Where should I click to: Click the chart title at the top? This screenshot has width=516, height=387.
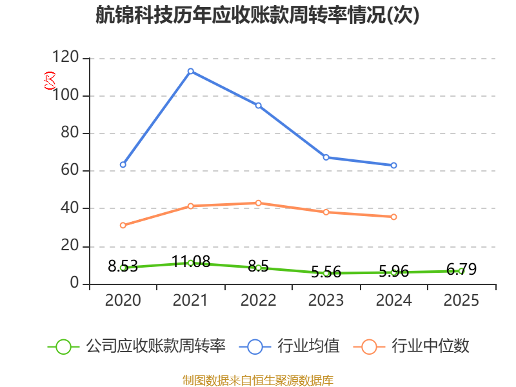(x=257, y=15)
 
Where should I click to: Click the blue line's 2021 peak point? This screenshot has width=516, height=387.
(x=190, y=71)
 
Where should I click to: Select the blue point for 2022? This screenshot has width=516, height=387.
(x=259, y=105)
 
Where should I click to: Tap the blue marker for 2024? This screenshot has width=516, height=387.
(x=393, y=165)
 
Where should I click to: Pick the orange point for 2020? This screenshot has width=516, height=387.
(x=123, y=225)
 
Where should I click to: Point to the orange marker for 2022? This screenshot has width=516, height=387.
(x=259, y=203)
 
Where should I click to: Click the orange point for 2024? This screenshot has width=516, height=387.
(x=393, y=217)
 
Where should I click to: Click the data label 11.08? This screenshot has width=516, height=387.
(x=191, y=261)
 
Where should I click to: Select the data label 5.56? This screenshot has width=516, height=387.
(x=326, y=272)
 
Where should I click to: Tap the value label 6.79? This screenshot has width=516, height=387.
(x=461, y=269)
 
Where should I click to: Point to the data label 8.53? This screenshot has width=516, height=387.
(x=123, y=266)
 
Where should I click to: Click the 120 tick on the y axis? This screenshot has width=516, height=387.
(x=66, y=57)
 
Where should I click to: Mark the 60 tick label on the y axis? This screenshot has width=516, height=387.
(x=70, y=170)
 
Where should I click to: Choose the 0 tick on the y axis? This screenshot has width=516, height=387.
(x=74, y=283)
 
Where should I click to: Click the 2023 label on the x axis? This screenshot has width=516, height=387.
(x=326, y=300)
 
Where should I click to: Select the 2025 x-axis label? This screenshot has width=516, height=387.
(x=461, y=300)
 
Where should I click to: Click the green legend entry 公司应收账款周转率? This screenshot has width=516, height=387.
(x=137, y=346)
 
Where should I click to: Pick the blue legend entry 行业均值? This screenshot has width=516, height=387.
(x=289, y=346)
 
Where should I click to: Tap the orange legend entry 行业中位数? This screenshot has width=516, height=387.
(x=411, y=346)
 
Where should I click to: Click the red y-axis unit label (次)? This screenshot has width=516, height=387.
(x=50, y=80)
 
